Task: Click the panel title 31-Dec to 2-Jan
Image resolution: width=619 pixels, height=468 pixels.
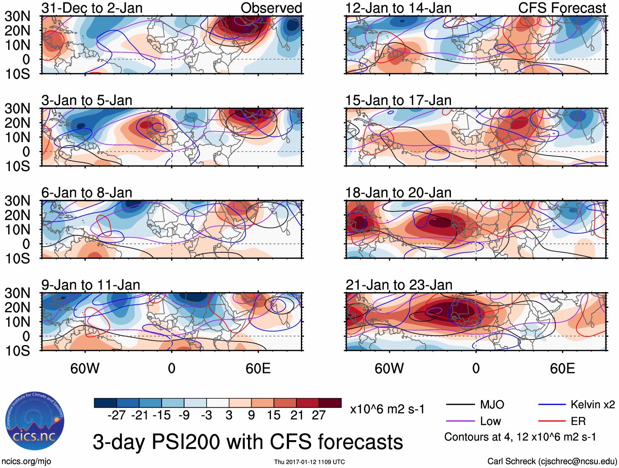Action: pyautogui.click(x=92, y=8)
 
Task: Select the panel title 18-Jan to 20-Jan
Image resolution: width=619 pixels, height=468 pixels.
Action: pyautogui.click(x=398, y=193)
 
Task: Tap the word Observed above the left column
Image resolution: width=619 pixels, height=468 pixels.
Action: pyautogui.click(x=271, y=8)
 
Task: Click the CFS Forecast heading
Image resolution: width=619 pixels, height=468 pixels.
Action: pyautogui.click(x=562, y=8)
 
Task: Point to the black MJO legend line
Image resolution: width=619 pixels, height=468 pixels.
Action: pyautogui.click(x=460, y=405)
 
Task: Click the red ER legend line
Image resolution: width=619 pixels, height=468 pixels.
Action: pyautogui.click(x=552, y=421)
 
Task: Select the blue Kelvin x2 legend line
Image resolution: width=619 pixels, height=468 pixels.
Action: pyautogui.click(x=552, y=405)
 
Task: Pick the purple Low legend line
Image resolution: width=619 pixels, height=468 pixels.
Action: pyautogui.click(x=460, y=421)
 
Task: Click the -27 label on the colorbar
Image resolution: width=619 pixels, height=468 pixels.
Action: pyautogui.click(x=116, y=415)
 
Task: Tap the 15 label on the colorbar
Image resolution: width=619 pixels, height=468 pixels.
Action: pyautogui.click(x=274, y=415)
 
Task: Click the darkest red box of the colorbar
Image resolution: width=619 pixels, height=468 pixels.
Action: pyautogui.click(x=330, y=403)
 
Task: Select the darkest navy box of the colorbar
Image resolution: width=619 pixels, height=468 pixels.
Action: pyautogui.click(x=105, y=403)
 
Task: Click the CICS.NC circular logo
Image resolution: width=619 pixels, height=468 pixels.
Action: pyautogui.click(x=35, y=421)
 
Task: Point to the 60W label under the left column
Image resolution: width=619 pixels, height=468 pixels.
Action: pyautogui.click(x=85, y=368)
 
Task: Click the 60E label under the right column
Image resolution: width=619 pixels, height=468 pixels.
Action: pyautogui.click(x=562, y=368)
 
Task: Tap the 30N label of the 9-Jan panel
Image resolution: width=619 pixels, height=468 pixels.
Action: pyautogui.click(x=18, y=293)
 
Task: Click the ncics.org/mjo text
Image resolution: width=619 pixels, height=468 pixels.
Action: pyautogui.click(x=26, y=461)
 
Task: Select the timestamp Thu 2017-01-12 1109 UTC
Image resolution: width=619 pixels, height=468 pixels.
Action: pyautogui.click(x=309, y=462)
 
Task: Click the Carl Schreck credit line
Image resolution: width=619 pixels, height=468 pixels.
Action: pyautogui.click(x=552, y=461)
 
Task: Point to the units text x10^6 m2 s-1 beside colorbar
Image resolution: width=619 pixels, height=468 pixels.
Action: pyautogui.click(x=387, y=409)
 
